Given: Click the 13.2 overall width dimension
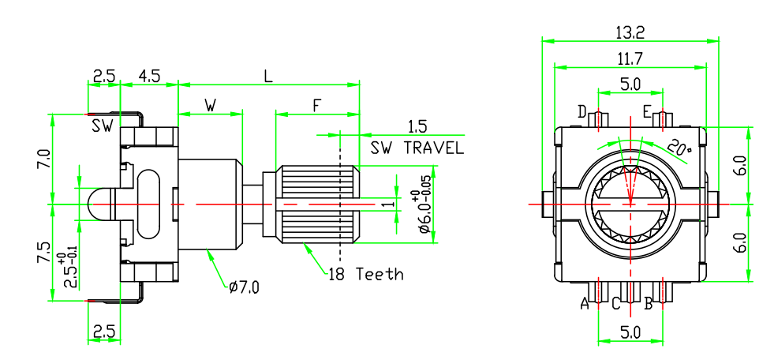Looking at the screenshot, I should [x=630, y=32].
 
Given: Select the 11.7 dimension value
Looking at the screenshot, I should [x=630, y=58].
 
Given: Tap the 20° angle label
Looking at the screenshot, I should [x=679, y=147].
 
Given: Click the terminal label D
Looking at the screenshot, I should [x=581, y=113].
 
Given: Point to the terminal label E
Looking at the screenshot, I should [x=647, y=113].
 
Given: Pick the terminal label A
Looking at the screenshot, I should [x=585, y=302].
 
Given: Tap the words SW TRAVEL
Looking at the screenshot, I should [x=417, y=148].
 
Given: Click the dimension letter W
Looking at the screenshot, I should [x=211, y=106].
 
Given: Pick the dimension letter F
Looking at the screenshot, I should [x=316, y=106].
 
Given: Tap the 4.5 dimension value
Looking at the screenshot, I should [x=149, y=77].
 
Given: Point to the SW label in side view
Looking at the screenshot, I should [x=102, y=126].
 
